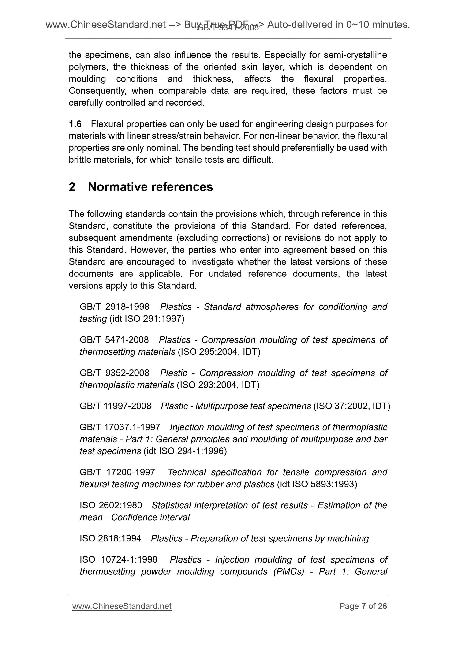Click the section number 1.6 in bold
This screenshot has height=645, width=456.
(x=75, y=124)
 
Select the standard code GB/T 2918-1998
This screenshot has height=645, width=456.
(x=114, y=307)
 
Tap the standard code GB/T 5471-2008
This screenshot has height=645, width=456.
(x=114, y=340)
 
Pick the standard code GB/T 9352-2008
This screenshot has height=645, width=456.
(x=114, y=373)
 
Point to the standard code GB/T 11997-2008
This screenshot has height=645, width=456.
(x=116, y=406)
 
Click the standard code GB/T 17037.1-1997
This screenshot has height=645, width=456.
(x=120, y=427)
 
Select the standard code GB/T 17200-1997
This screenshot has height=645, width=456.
(x=117, y=472)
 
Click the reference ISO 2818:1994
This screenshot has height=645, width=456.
(x=110, y=539)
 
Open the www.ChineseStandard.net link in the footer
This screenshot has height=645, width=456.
(x=122, y=606)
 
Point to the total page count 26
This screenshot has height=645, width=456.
(x=382, y=606)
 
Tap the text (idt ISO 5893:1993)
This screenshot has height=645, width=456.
(x=317, y=484)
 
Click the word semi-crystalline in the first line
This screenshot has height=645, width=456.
(x=355, y=55)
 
